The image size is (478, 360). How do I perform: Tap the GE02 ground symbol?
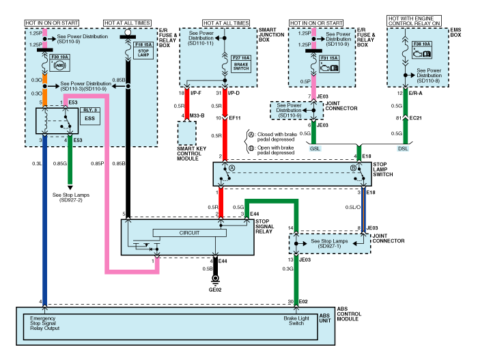coord(216,290)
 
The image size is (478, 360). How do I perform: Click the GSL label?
coord(315,148)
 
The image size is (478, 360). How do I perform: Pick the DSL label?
coord(405,148)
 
